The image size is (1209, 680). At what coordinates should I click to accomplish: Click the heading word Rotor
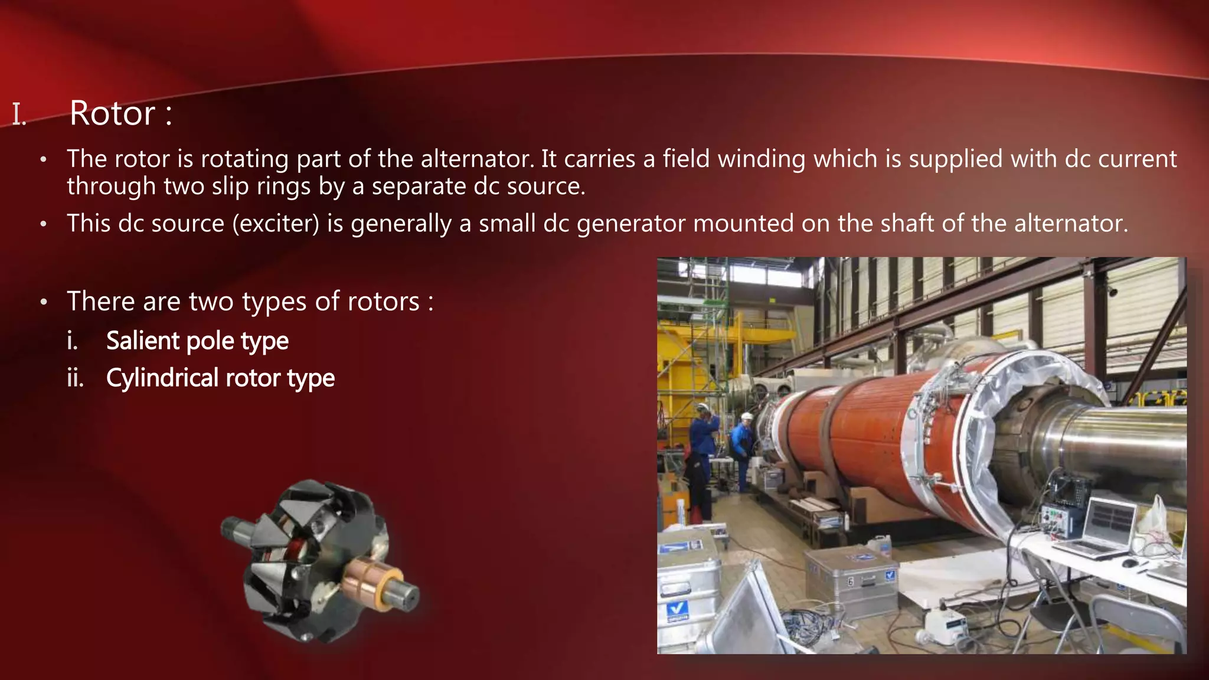112,113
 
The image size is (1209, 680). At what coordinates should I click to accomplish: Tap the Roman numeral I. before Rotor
19,115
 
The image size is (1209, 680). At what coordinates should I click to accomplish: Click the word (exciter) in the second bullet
276,224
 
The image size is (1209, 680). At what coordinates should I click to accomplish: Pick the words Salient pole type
197,341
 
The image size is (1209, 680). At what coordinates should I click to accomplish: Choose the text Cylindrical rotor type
220,378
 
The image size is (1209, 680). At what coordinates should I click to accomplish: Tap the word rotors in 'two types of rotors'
383,302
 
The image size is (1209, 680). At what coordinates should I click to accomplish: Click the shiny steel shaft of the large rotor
1122,443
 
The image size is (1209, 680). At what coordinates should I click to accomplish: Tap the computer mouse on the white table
1129,563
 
